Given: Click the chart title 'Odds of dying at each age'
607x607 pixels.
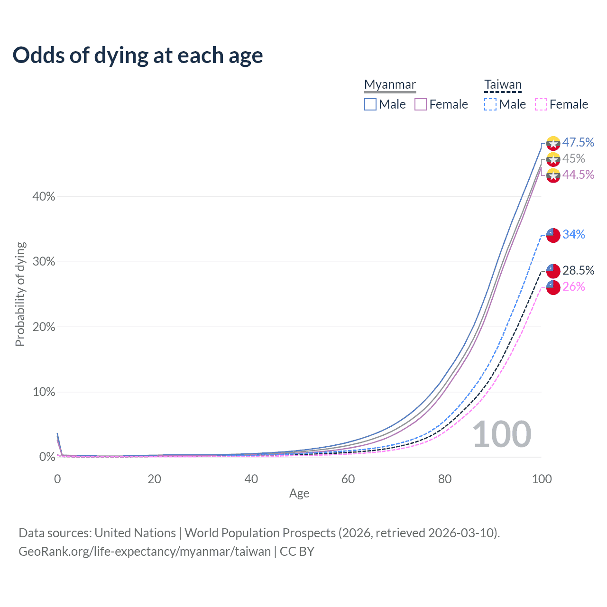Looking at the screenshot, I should point(138,55).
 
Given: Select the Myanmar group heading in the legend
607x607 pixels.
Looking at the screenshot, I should point(390,85).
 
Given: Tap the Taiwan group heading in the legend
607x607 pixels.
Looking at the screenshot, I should point(503,85).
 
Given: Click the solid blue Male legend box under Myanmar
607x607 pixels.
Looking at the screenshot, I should point(370,104).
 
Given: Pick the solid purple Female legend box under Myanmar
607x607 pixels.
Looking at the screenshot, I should point(421,104).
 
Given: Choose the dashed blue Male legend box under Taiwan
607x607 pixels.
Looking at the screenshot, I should point(490,104).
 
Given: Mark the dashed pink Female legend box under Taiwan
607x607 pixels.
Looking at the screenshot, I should point(541,104).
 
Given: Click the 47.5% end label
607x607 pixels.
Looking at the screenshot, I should point(578,142).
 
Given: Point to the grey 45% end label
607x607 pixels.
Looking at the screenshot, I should point(574,158).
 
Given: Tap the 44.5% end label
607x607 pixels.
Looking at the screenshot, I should point(578,175).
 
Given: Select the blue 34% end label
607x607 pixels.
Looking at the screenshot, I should point(574,234).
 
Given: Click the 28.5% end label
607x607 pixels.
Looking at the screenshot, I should point(578,270).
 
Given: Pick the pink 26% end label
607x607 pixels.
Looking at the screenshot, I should point(574,286).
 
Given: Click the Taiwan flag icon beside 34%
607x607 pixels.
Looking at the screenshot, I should point(553,235).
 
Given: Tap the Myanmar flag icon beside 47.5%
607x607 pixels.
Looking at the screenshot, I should point(553,143).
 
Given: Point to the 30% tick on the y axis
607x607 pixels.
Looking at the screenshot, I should point(44,262).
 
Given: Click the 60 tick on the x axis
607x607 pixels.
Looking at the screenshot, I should point(348,479).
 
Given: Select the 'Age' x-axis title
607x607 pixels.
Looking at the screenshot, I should point(299,493).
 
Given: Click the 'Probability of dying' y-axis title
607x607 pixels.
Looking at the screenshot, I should point(20,294).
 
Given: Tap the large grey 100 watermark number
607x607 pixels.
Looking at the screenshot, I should point(502,434).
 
